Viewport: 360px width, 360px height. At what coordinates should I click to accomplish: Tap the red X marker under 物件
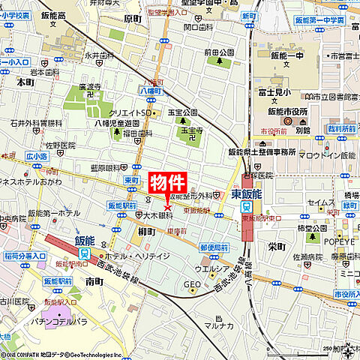[166, 207]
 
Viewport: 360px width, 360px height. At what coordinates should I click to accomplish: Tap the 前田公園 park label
[219, 52]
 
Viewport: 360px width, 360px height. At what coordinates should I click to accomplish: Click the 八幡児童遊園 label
[117, 122]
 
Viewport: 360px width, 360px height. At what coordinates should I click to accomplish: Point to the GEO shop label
[192, 283]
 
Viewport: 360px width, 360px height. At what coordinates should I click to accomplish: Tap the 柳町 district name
[147, 232]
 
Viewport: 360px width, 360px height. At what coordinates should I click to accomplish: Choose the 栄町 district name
[277, 246]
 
